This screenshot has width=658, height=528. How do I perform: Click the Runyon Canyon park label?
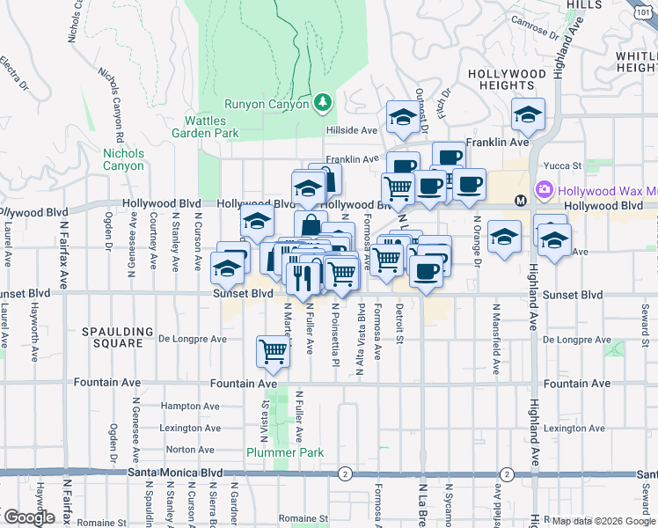267,104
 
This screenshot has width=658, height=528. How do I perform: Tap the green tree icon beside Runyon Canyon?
324,103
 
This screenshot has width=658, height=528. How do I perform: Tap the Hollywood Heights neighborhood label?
507,78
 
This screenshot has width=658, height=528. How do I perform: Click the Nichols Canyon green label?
123,159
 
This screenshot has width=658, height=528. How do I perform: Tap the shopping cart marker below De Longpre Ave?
274,351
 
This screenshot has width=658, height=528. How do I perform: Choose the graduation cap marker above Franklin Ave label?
528,114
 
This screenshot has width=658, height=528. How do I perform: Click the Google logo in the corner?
28,517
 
